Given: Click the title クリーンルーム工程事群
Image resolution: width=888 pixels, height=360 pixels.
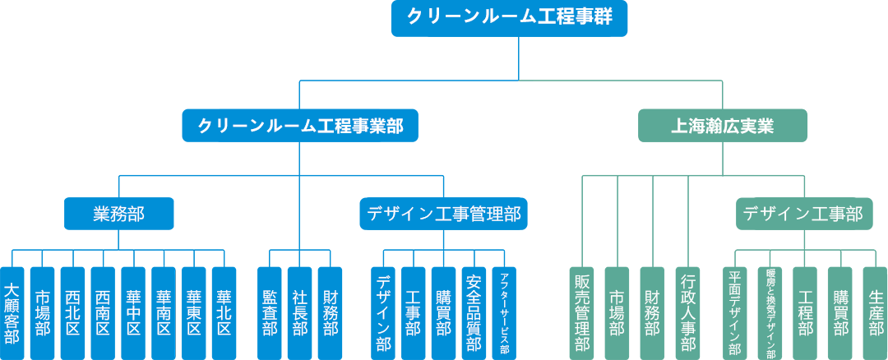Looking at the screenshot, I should point(509,16).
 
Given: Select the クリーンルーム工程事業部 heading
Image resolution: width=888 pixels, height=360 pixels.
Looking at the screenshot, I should point(300,126).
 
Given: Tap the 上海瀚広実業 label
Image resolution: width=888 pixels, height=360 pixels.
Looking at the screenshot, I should point(722,127).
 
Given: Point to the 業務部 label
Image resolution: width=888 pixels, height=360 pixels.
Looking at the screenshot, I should point(118,215).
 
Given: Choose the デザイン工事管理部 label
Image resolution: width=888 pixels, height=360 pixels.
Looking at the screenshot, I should point(443,215).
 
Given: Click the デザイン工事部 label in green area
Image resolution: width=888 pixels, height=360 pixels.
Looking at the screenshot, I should point(802,215).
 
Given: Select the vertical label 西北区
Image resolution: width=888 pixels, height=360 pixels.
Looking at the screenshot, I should point(72,313).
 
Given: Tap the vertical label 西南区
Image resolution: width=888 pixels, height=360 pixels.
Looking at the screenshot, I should point(103,313).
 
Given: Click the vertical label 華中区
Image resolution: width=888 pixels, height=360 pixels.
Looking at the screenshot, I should point(133,313).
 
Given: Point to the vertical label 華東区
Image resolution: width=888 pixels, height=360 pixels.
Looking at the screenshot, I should point(194,313).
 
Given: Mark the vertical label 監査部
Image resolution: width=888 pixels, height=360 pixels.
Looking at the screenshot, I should point(270,313).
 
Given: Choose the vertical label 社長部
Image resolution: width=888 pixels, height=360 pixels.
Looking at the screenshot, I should point(300,313).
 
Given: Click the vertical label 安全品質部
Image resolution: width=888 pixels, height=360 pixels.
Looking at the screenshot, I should point(474,313).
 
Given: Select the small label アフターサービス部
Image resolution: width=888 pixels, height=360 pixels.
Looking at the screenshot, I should point(504,313).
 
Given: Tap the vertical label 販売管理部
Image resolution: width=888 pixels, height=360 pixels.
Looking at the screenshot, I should point(582,313).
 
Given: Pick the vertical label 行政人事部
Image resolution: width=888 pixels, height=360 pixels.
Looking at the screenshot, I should point(689,313).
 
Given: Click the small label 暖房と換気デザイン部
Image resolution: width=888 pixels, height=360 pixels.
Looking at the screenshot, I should point(770,313).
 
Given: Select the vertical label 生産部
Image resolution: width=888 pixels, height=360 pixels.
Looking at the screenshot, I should point(876,313).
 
